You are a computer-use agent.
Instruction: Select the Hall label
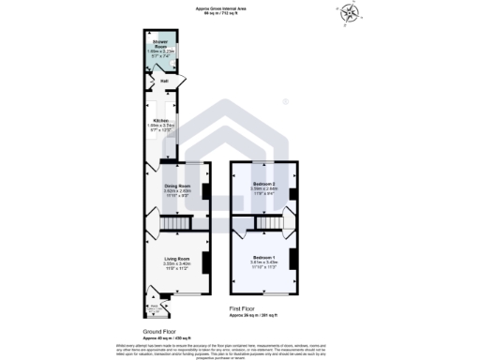pos(164,82)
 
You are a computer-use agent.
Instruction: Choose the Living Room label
pos(177,258)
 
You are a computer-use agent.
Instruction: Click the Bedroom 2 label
pos(263,183)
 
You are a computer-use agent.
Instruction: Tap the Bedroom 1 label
pos(264,257)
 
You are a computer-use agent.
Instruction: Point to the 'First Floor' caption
pos(243,307)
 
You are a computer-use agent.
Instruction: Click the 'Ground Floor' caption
pos(159,332)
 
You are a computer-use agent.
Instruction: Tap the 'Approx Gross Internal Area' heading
pos(240,5)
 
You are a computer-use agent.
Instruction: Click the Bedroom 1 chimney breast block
pos(294,260)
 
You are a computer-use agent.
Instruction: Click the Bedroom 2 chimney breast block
pos(294,194)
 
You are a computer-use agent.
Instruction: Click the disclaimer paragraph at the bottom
pos(240,348)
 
